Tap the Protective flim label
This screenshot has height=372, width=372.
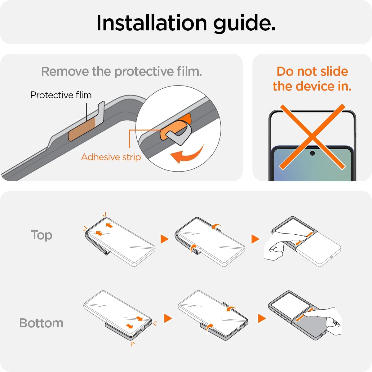point(61,95)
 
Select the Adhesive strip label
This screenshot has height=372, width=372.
point(111,157)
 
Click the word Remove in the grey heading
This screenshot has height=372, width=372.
point(65,71)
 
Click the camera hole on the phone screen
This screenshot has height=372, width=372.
point(312,153)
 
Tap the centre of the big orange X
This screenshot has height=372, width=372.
point(312,137)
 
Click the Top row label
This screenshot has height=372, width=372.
point(42,235)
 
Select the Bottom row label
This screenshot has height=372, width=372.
point(41,323)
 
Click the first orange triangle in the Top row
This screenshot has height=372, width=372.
point(165,239)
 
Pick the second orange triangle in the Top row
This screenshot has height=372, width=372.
point(255,239)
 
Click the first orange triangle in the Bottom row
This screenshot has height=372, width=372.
point(168,318)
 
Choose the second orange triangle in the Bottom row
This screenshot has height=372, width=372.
point(262,318)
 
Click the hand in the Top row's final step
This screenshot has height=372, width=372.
point(284,245)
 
